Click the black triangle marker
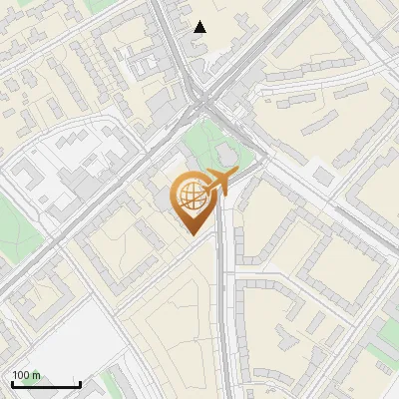coord(199,27)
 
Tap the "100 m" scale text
coord(27,375)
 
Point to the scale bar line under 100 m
coord(46,384)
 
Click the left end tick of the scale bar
coord(12,382)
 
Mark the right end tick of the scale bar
coord(80,382)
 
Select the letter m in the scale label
coord(37,375)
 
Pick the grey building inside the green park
coord(225,155)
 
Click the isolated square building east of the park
coord(321,176)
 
